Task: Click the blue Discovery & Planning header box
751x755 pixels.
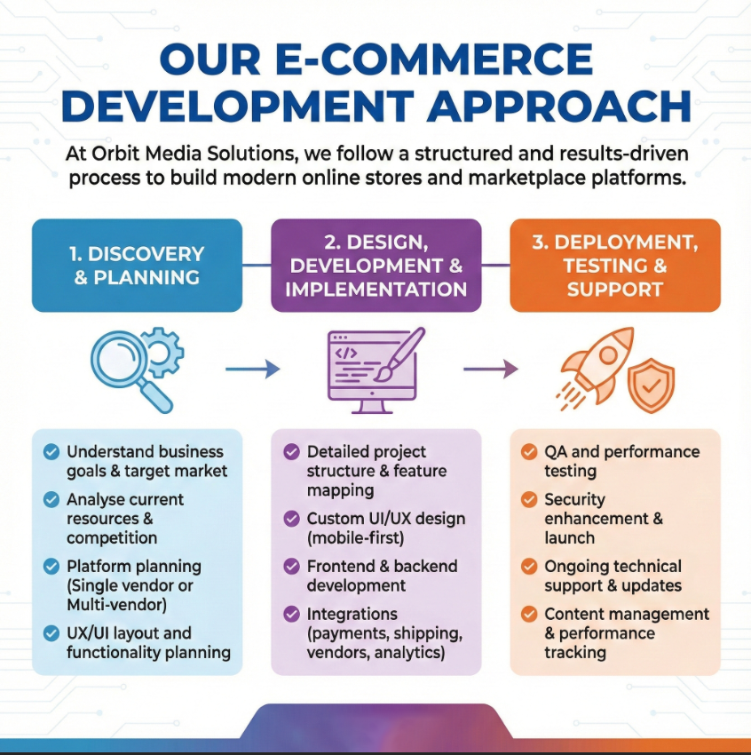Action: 137,265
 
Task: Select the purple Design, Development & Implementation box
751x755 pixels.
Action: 376,265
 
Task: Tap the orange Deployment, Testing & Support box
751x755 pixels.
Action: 614,265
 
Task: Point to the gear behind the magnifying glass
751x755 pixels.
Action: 163,351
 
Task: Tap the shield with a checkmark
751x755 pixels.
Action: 651,385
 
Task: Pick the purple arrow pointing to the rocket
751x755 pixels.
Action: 491,369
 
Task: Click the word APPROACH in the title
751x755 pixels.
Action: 558,106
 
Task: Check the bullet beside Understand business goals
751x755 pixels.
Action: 51,452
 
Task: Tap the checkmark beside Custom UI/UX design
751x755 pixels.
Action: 291,519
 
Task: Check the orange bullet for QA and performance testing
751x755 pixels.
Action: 529,452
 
